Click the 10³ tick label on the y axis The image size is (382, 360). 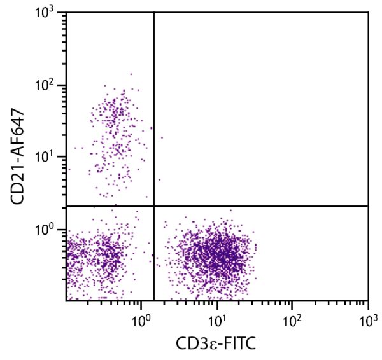click(x=50, y=14)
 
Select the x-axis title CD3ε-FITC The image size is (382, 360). click(x=216, y=343)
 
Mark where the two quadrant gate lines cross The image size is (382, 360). click(x=154, y=206)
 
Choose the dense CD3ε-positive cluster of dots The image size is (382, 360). click(x=216, y=254)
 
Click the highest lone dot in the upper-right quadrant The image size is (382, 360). click(x=162, y=137)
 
